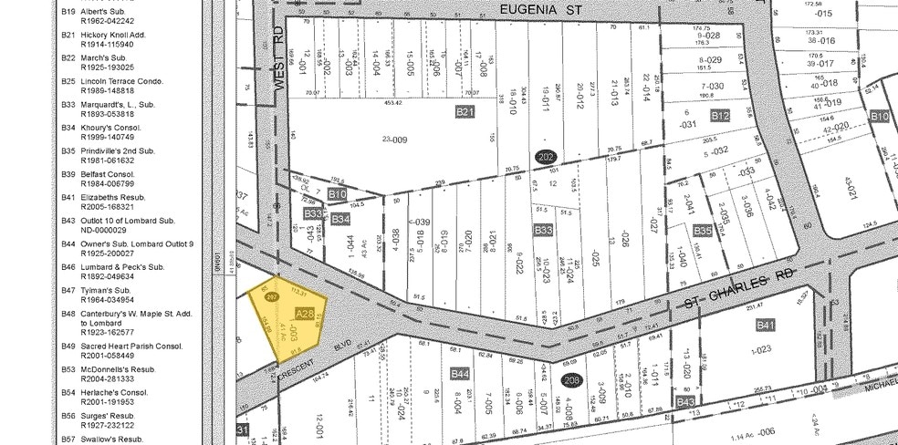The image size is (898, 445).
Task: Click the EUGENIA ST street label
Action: tap(541, 8)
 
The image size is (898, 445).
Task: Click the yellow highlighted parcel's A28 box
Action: tap(305, 314)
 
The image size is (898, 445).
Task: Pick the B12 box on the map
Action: tap(721, 116)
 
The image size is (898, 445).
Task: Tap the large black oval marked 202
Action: tap(546, 156)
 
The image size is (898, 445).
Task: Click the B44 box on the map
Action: tap(460, 374)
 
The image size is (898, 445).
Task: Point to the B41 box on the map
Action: tap(765, 326)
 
